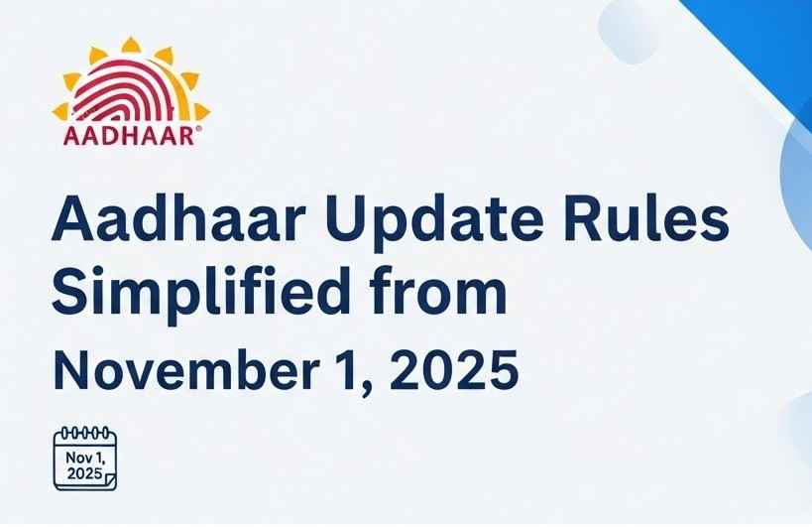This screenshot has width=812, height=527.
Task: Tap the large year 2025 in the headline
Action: tap(454, 370)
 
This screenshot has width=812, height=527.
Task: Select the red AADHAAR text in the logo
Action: tap(129, 136)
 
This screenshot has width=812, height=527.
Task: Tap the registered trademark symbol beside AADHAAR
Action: tap(199, 128)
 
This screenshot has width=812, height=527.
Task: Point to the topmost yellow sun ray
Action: tap(131, 45)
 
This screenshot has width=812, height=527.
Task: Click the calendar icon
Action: tap(85, 459)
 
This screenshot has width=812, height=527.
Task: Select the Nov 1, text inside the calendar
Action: tap(85, 459)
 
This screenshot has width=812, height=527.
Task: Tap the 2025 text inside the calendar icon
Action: tap(84, 473)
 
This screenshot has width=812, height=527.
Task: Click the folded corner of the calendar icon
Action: tap(109, 480)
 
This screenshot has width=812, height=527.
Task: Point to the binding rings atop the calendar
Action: tap(85, 433)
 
